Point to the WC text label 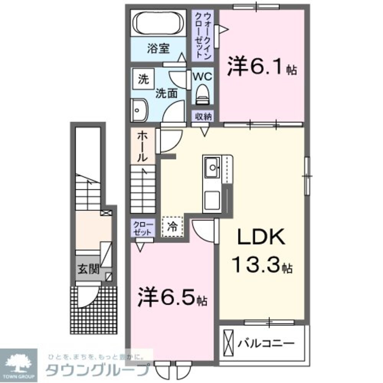click(x=202, y=76)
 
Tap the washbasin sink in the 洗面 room click(x=139, y=110)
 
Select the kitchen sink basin click(x=211, y=167)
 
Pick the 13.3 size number click(x=257, y=265)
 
